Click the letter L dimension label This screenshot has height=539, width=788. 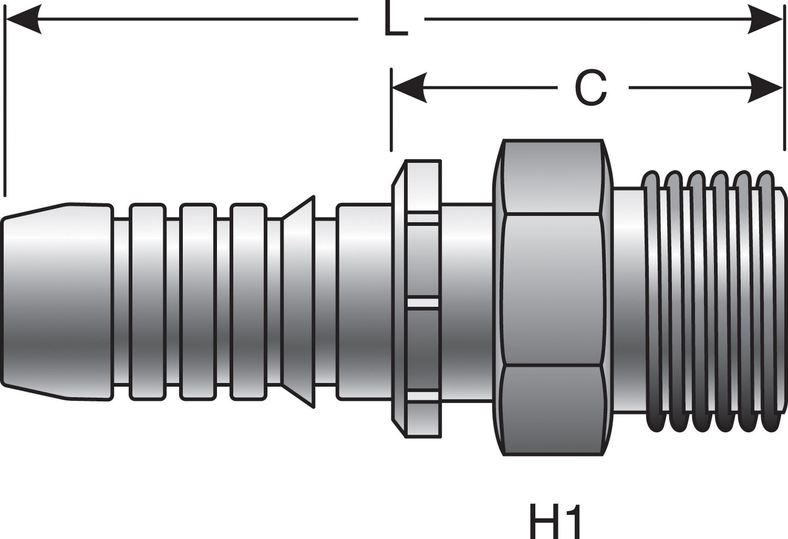coord(395,20)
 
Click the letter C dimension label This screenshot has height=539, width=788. coord(591,89)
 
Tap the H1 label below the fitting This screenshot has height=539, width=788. coord(555,521)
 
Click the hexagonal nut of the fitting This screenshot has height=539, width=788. coord(554,296)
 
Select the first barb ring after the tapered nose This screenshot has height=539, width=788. coord(147,302)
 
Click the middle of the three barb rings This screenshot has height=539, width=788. coord(198,302)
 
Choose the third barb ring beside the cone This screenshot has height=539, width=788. coord(248,302)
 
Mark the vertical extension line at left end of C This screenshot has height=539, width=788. coord(391,109)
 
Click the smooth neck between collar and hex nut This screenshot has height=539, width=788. coord(467,302)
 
